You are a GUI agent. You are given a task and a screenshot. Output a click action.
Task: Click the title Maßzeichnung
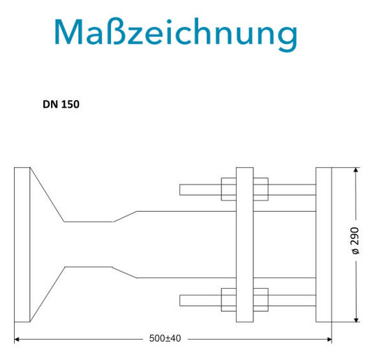(176, 33)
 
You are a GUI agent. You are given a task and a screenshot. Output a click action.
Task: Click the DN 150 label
(61, 104)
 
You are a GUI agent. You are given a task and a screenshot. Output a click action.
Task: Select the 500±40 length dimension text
(165, 338)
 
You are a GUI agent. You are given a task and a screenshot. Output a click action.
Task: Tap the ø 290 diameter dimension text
(355, 240)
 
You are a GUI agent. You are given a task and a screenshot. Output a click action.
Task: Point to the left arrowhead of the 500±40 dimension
(17, 340)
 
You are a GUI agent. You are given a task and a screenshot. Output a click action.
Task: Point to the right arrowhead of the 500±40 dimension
(330, 340)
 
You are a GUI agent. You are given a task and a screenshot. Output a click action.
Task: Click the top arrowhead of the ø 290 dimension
(356, 170)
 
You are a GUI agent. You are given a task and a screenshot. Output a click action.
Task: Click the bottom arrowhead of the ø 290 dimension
(356, 319)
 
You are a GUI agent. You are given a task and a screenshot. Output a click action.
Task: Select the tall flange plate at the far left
(22, 245)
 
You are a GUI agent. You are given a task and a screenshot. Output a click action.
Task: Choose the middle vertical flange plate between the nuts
(244, 245)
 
